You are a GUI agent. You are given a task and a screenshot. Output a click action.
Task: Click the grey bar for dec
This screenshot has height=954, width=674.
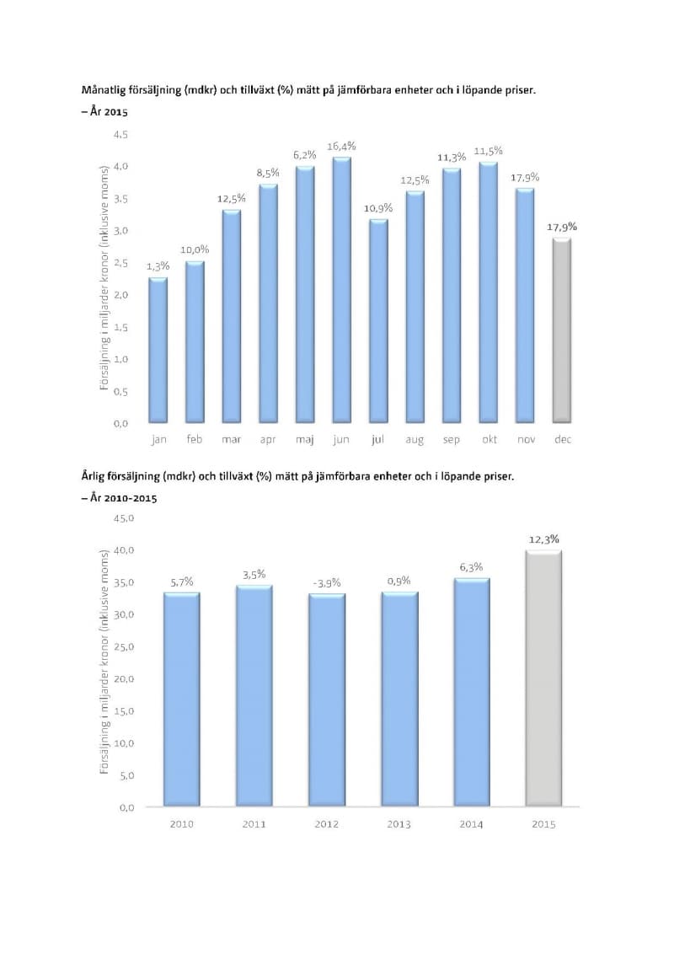[563, 330]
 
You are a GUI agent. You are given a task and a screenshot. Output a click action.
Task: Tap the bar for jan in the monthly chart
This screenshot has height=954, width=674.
[158, 350]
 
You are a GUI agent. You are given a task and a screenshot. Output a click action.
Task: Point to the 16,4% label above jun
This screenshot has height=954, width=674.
[341, 146]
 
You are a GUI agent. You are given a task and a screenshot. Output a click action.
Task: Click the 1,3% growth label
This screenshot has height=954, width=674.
[158, 266]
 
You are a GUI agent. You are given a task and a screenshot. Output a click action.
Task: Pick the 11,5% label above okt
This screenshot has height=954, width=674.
[489, 151]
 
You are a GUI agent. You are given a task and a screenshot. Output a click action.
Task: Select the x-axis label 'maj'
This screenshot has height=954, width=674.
[304, 439]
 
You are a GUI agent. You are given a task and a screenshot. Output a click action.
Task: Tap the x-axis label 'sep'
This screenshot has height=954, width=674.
[452, 439]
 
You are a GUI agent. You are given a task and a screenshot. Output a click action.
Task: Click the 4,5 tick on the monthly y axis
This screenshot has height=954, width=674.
[120, 135]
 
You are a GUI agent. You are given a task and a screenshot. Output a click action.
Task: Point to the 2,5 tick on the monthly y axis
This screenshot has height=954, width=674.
[120, 263]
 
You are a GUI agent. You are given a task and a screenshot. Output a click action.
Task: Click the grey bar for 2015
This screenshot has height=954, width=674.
[543, 679]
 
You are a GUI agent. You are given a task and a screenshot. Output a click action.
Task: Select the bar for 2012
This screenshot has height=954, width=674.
[326, 700]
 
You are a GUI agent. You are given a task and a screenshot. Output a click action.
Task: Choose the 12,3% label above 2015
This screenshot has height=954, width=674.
[544, 539]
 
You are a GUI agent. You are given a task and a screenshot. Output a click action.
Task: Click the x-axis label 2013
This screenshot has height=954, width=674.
[399, 823]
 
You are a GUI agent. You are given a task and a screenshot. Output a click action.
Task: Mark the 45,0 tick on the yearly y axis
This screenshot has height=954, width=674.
[124, 518]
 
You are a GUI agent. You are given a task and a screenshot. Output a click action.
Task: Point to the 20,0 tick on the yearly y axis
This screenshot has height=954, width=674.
[124, 678]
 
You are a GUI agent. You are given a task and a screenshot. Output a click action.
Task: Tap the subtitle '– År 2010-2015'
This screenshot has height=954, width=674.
[119, 498]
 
